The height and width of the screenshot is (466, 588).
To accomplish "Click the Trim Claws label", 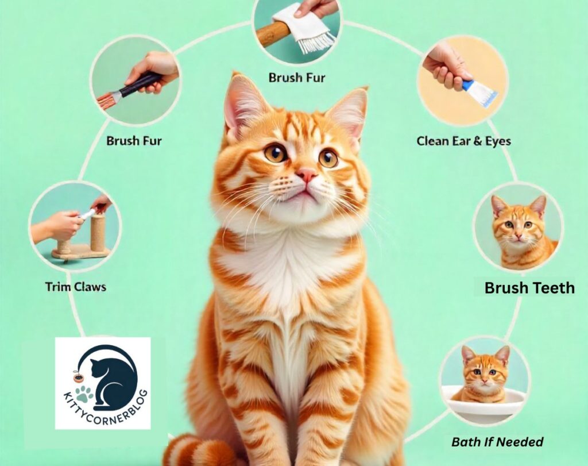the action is tap(75, 287).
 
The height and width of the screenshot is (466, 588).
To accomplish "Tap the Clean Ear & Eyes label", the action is tap(463, 141).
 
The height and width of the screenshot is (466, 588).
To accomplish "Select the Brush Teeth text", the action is tap(529, 288).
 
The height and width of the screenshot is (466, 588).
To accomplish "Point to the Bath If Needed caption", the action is tap(497, 442).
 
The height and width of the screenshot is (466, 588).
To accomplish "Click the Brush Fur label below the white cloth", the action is tap(297, 78).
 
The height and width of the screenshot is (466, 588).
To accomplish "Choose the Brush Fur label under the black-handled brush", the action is tap(134, 141).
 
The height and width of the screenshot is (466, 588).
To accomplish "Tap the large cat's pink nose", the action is tap(307, 175).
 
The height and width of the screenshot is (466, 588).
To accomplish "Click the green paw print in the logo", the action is tap(84, 394).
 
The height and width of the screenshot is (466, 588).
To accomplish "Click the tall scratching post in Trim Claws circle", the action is tap(97, 233).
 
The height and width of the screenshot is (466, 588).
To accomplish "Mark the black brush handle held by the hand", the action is tap(142, 83).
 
